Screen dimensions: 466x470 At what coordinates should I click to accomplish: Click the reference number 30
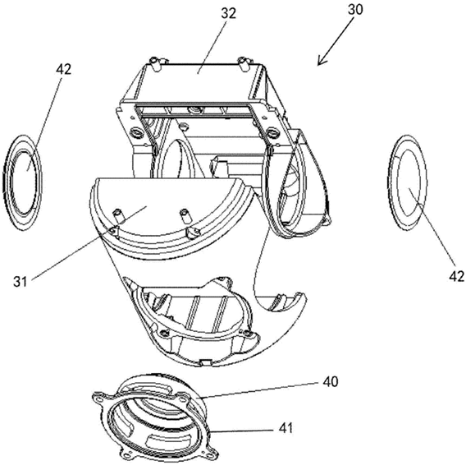click(355, 10)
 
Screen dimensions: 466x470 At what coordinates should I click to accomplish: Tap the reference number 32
click(228, 14)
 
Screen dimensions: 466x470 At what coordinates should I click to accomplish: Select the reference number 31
click(20, 282)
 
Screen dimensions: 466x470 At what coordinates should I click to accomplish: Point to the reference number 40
click(331, 381)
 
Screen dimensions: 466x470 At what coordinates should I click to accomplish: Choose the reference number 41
click(286, 428)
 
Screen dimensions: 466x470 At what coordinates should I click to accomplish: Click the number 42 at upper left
click(63, 69)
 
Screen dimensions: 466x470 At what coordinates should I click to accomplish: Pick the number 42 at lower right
click(456, 276)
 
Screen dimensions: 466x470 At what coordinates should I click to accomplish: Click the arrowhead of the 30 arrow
click(322, 61)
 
